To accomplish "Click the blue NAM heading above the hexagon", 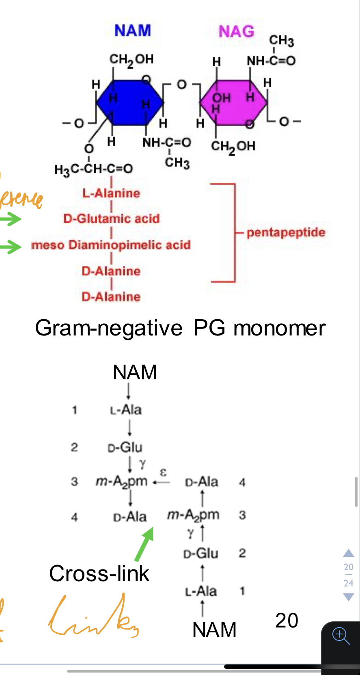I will point(133,30).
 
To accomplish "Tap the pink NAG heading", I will point(237,31).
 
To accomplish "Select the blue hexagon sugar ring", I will point(130,102).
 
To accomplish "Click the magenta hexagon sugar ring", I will point(234,102).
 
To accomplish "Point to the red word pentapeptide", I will point(286,232).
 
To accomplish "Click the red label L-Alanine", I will point(111,193).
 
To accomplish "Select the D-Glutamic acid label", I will point(112,219).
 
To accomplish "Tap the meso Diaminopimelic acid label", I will point(111,245).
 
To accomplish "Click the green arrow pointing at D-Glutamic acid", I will point(11,219).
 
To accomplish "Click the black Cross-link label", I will point(99,573).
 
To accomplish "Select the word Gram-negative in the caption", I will point(109,328).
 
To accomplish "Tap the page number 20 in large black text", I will point(287,621).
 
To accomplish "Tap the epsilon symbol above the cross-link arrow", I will point(163,472).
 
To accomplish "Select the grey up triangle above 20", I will point(349,553).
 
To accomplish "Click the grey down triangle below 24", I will point(349,597).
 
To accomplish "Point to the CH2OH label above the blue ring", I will point(131,60).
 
